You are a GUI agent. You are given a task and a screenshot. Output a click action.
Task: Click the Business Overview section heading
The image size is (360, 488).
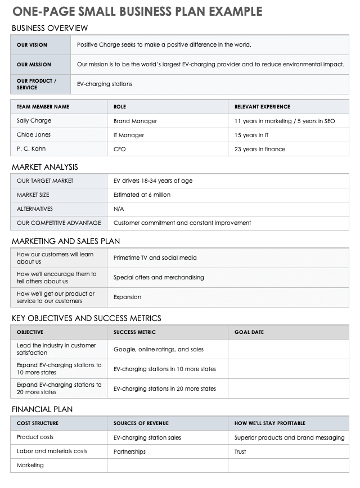click(x=49, y=28)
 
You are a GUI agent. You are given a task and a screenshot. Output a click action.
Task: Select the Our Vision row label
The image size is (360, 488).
click(x=32, y=45)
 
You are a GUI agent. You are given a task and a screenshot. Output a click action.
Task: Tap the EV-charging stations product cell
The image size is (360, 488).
click(x=105, y=84)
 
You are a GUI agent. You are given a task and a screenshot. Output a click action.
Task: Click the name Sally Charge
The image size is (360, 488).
click(x=34, y=121)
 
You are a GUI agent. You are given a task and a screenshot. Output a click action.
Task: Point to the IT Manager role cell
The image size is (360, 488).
click(x=129, y=135)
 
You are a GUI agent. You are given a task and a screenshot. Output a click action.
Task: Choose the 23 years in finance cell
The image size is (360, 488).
click(x=260, y=149)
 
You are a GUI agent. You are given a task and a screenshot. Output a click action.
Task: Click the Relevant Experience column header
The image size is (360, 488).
click(x=262, y=107)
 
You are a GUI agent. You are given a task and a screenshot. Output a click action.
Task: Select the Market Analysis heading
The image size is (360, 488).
click(x=45, y=167)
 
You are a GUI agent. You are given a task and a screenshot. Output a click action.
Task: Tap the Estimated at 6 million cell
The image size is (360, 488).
click(x=142, y=195)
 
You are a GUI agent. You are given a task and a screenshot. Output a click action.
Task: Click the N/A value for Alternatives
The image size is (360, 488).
click(x=119, y=209)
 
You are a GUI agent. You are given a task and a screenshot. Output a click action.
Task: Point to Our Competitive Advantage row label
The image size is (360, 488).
click(x=59, y=223)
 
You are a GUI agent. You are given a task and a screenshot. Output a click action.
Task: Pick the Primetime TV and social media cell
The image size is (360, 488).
click(x=155, y=258)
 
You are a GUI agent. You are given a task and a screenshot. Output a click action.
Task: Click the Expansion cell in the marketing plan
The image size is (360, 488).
click(x=127, y=297)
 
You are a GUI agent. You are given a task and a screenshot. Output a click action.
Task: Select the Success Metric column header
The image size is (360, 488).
click(x=134, y=332)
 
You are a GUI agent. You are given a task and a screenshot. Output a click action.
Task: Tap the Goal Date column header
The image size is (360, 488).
click(x=249, y=332)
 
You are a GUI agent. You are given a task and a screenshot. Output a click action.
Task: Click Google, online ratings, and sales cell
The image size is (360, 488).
click(x=159, y=350)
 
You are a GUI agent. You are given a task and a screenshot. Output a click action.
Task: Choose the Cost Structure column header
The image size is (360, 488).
click(x=38, y=423)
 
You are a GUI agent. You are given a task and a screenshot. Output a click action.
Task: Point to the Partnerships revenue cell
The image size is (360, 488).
click(x=129, y=451)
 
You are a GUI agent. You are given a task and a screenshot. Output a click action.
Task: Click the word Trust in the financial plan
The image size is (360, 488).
click(x=240, y=451)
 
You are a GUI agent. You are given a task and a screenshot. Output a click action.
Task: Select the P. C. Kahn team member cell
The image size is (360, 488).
click(x=31, y=149)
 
